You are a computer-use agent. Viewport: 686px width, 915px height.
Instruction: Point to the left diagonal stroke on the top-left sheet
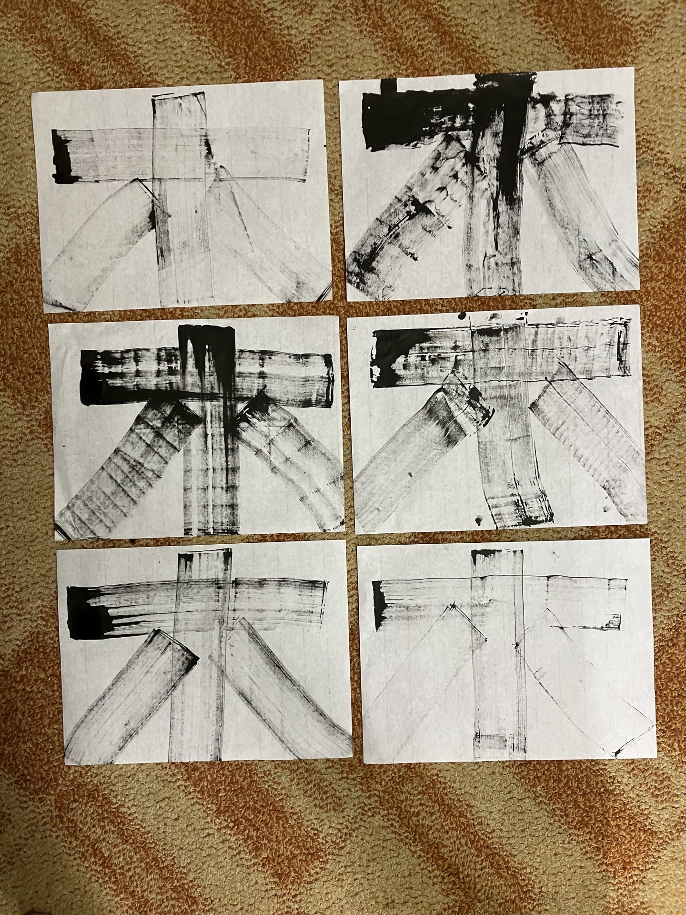100,243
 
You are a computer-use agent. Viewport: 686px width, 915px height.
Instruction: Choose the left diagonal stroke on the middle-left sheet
129,467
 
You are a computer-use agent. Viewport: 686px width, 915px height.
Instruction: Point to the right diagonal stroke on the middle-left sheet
291,457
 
